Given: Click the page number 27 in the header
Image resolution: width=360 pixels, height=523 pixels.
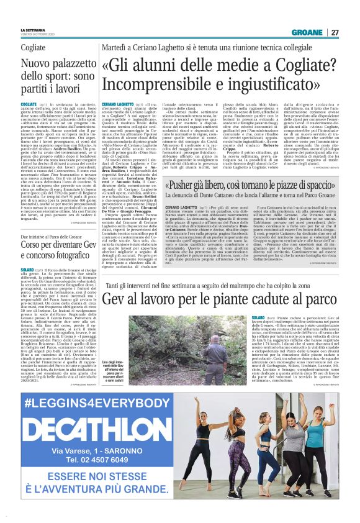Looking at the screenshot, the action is pyautogui.click(x=335, y=32).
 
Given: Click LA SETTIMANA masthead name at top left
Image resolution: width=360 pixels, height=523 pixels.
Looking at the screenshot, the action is pyautogui.click(x=33, y=30).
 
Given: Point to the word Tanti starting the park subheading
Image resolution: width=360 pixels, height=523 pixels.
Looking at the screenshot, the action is pyautogui.click(x=114, y=284).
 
